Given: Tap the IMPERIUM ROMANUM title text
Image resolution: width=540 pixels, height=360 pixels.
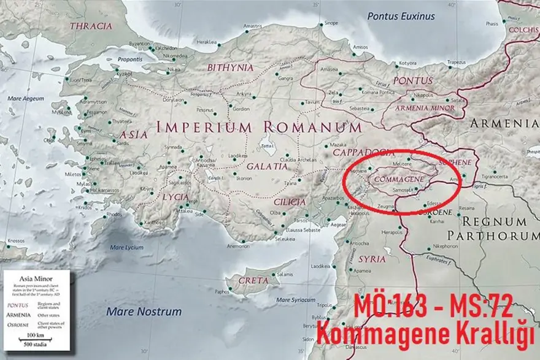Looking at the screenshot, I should pos(259,128).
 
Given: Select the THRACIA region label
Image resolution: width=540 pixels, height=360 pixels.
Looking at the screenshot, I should pos(91,26).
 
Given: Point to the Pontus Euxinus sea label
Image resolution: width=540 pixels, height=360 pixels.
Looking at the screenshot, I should pos(401,17).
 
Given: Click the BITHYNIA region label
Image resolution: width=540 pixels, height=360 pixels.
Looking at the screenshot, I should pos(230,67).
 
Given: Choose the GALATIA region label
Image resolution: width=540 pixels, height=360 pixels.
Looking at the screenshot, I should pos(267,166).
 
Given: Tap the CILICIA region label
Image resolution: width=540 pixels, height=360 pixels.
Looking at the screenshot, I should pos(290,202).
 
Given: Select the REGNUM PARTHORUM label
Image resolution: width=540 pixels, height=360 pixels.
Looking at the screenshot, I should pos(494,228).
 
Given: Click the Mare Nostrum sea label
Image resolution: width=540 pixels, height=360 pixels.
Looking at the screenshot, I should pos(144,312).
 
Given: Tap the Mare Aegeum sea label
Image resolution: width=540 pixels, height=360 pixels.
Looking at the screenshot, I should pos(26,98).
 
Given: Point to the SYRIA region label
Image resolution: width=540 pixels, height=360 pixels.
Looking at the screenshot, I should pos(372,259).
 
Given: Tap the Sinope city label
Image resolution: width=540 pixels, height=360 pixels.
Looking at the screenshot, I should pos(330,23).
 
